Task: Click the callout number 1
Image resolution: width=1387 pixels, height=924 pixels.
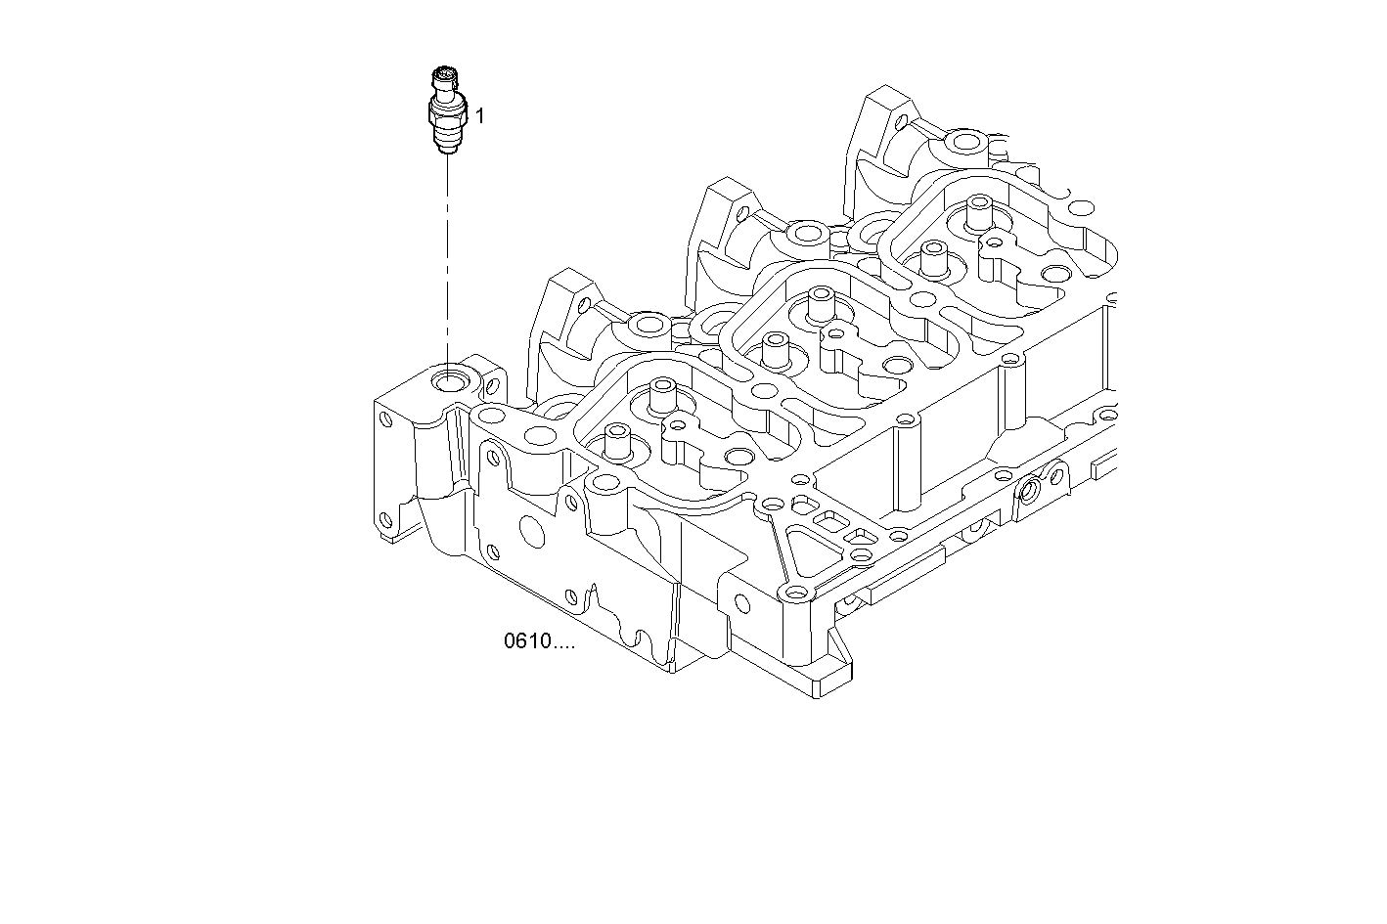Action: click(x=479, y=116)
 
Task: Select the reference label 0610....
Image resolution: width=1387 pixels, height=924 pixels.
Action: click(x=538, y=642)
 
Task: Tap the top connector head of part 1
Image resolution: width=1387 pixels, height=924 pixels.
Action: click(x=444, y=77)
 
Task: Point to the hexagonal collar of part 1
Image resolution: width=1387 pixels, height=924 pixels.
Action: click(x=449, y=112)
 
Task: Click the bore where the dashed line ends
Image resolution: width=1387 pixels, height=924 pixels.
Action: click(x=451, y=379)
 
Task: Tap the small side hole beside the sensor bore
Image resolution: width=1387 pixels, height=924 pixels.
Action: click(x=493, y=384)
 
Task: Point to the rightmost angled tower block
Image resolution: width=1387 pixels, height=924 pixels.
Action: click(x=885, y=117)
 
